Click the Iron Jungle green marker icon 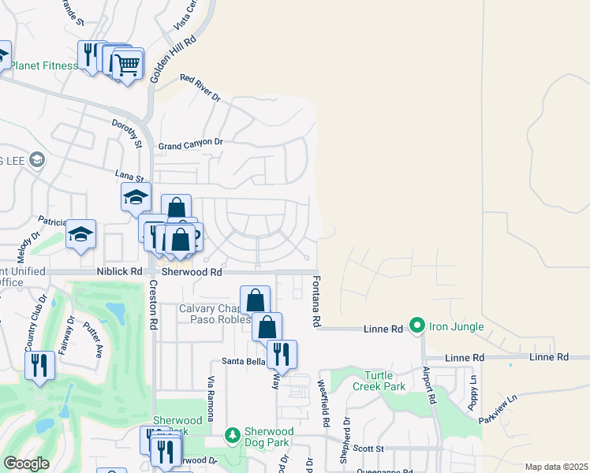[x=416, y=325]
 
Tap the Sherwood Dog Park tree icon [x=232, y=435]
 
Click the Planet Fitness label [x=44, y=65]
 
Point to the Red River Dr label [x=200, y=87]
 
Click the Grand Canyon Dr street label [x=191, y=144]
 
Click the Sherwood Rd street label [x=190, y=271]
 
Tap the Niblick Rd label [x=120, y=271]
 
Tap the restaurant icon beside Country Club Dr [x=39, y=364]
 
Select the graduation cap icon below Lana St [x=136, y=197]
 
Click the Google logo [x=26, y=464]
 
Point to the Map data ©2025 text [x=555, y=467]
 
